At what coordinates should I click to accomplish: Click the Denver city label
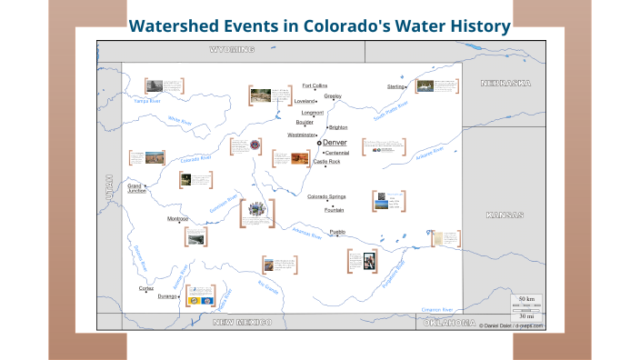tap(335, 143)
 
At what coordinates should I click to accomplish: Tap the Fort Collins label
tap(315, 85)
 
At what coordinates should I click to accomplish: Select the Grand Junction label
tap(136, 188)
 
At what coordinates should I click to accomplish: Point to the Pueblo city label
tap(337, 232)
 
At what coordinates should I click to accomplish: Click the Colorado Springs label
tap(326, 196)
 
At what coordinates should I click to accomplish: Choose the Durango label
tap(167, 295)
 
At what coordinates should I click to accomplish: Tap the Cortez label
tap(146, 288)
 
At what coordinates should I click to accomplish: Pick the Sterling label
tap(395, 86)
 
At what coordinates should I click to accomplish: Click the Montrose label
tap(177, 219)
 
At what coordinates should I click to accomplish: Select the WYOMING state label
tap(232, 49)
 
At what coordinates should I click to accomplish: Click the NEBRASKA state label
tap(505, 83)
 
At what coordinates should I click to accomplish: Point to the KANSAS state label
tap(505, 215)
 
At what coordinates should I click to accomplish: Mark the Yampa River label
tap(147, 102)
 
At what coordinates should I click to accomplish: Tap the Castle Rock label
tap(326, 162)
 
